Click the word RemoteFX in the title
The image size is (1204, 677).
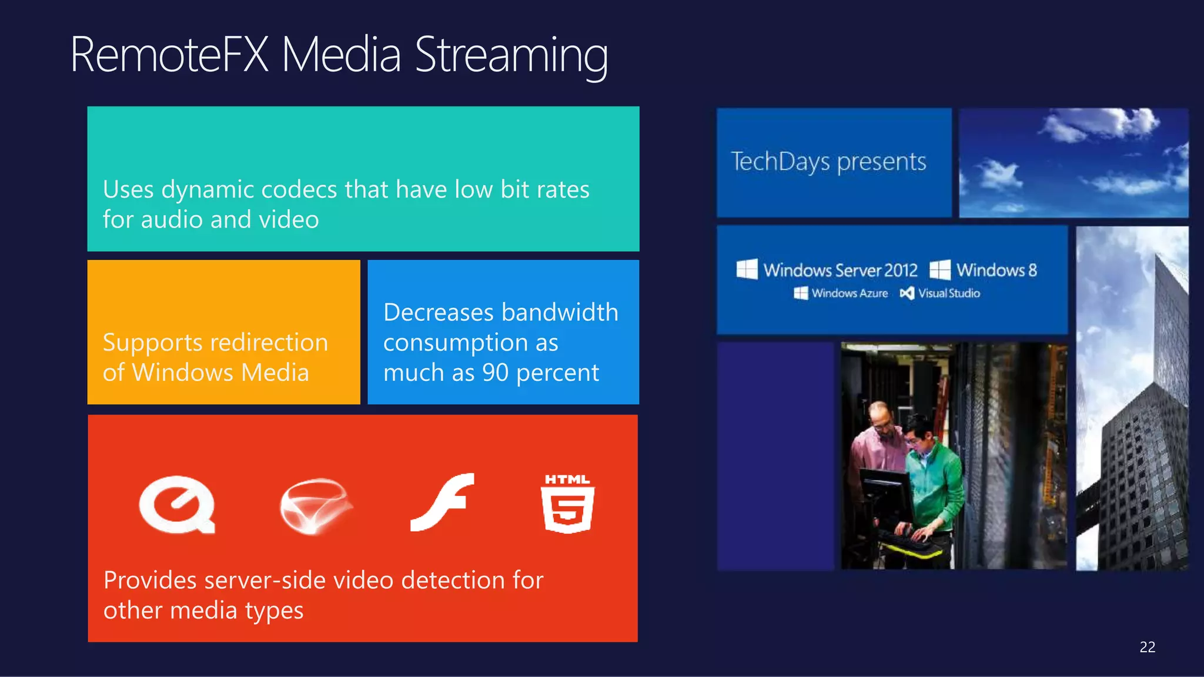(x=169, y=55)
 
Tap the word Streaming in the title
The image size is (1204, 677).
(x=511, y=56)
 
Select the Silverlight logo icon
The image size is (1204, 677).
(x=316, y=506)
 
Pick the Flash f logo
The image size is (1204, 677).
(x=443, y=502)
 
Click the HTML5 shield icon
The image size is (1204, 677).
(x=567, y=505)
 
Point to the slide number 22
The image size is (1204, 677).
(x=1147, y=647)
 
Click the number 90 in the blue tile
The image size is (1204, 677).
(x=495, y=373)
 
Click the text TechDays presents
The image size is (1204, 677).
(x=828, y=162)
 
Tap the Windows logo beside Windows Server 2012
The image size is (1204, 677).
(x=747, y=270)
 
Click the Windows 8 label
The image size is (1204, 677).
(x=996, y=270)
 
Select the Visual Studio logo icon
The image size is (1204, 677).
(x=907, y=293)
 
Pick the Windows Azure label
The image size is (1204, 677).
(x=850, y=293)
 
